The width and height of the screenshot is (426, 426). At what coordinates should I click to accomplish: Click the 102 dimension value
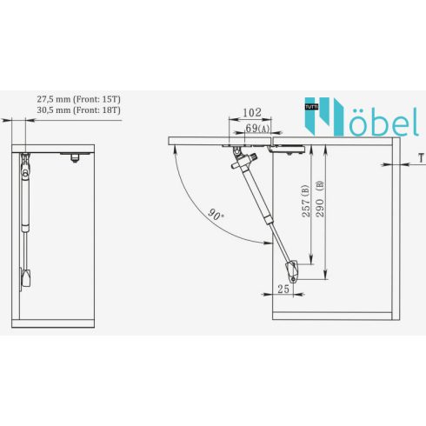tap(252, 112)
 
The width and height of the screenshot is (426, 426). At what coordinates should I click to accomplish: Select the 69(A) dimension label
tap(257, 128)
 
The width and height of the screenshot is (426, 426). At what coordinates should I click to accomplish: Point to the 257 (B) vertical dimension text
tap(305, 201)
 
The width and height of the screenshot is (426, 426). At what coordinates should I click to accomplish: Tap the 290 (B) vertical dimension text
tap(320, 199)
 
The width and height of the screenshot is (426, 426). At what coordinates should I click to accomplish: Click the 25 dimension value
tap(283, 289)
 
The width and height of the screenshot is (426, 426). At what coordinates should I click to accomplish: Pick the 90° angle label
tap(216, 215)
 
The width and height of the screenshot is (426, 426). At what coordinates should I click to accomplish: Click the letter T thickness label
tap(421, 158)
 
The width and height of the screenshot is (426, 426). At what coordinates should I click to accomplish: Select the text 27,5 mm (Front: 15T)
tap(78, 99)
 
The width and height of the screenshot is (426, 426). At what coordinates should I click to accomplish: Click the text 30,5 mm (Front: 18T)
tap(78, 110)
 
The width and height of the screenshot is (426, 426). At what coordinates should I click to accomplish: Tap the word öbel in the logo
tap(383, 122)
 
